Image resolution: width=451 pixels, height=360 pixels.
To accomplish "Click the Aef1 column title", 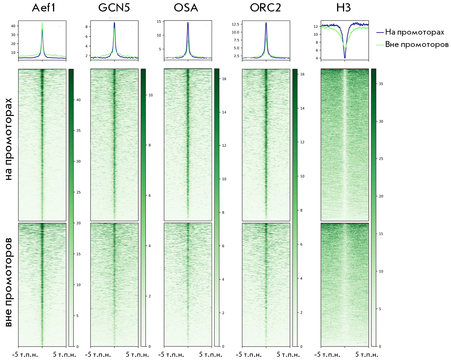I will pyautogui.click(x=44, y=8).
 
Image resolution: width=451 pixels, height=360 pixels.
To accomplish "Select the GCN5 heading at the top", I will pyautogui.click(x=114, y=8).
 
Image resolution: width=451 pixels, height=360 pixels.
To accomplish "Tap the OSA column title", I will pyautogui.click(x=186, y=8).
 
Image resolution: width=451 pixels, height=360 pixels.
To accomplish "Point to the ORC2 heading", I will pyautogui.click(x=265, y=8).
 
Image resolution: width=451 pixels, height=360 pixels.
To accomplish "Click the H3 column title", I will pyautogui.click(x=343, y=8).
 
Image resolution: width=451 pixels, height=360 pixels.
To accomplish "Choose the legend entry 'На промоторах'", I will pyautogui.click(x=414, y=32).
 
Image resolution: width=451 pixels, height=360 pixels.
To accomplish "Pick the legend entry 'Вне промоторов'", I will pyautogui.click(x=416, y=45).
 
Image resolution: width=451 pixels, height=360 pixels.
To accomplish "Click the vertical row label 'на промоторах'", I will pyautogui.click(x=9, y=139).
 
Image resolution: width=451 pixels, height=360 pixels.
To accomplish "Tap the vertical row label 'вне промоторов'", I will pyautogui.click(x=9, y=282).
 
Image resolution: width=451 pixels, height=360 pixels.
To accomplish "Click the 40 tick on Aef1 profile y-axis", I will pyautogui.click(x=13, y=26).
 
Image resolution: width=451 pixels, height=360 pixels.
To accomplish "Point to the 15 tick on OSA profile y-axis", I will pyautogui.click(x=159, y=21).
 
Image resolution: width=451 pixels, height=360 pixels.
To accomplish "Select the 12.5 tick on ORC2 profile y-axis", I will pyautogui.click(x=235, y=24).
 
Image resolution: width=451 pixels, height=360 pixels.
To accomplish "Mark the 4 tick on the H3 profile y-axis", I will pyautogui.click(x=317, y=58).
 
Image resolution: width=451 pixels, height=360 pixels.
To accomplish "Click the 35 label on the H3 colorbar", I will pyautogui.click(x=381, y=84).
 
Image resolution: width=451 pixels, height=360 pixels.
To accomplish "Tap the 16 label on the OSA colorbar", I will pyautogui.click(x=224, y=79).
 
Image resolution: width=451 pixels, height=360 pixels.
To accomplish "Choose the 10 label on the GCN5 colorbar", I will pyautogui.click(x=151, y=95).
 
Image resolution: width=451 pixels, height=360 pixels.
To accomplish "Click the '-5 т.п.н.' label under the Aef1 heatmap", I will pyautogui.click(x=25, y=355).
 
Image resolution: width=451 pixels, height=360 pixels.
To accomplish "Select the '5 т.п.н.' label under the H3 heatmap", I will pyautogui.click(x=367, y=355).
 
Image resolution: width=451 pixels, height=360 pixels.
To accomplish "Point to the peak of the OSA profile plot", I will pyautogui.click(x=188, y=23).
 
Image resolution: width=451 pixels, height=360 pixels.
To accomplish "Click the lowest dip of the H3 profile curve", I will pyautogui.click(x=345, y=57).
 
